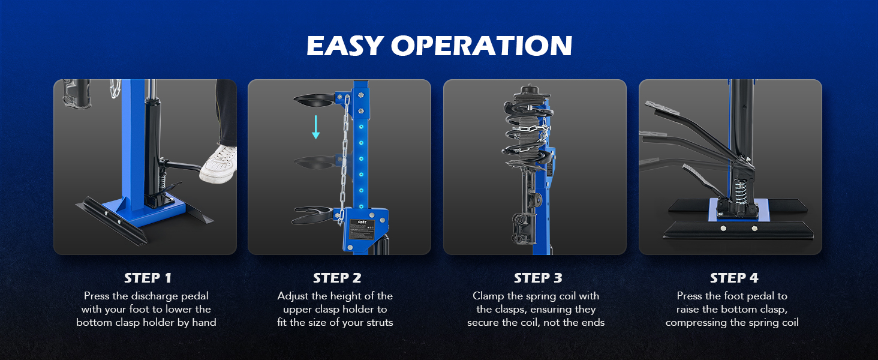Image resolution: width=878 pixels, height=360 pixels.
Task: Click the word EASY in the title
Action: (x=344, y=46)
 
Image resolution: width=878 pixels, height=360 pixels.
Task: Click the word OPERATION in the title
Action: (x=482, y=46)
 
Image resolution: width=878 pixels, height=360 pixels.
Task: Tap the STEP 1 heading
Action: (x=148, y=278)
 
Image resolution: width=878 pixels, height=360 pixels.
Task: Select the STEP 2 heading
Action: (x=336, y=278)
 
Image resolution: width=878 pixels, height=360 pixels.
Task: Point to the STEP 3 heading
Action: (x=538, y=278)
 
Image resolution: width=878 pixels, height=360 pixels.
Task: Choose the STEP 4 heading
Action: (x=733, y=278)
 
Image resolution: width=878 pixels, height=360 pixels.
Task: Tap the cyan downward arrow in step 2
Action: (x=315, y=127)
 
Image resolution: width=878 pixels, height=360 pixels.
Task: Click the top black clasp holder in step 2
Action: (x=314, y=100)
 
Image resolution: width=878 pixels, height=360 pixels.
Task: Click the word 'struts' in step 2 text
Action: (x=380, y=323)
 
